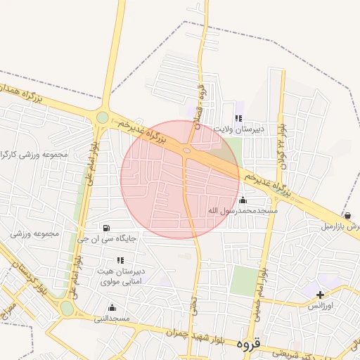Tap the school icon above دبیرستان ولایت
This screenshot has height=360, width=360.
pyautogui.click(x=238, y=118)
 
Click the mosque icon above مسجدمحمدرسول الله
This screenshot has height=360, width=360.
pyautogui.click(x=243, y=200)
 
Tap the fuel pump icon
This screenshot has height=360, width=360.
pyautogui.click(x=106, y=227)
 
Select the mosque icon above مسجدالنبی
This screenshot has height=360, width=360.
pyautogui.click(x=112, y=307)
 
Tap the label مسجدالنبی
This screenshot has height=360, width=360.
pyautogui.click(x=112, y=319)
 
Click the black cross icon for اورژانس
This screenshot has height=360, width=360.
pyautogui.click(x=321, y=295)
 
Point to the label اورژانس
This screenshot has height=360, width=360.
pyautogui.click(x=323, y=307)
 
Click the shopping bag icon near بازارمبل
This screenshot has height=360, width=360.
pyautogui.click(x=347, y=216)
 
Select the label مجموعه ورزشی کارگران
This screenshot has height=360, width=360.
pyautogui.click(x=35, y=154)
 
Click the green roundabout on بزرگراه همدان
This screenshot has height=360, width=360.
pyautogui.click(x=103, y=117)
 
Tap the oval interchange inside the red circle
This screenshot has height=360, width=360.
pyautogui.click(x=187, y=149)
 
